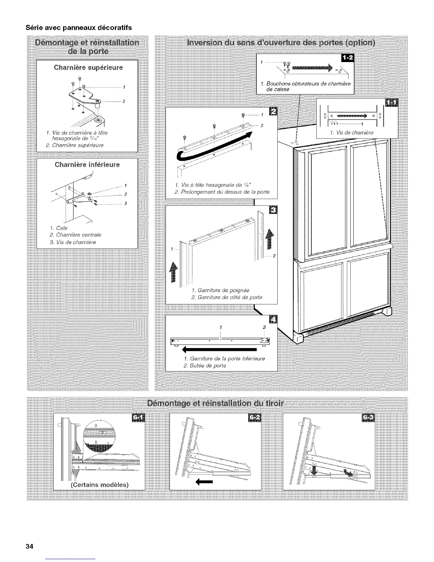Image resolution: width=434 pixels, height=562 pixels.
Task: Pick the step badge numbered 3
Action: coord(274,210)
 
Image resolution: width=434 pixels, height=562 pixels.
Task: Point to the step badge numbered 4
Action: coord(274,319)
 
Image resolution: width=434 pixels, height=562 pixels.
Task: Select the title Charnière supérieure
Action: coord(88,67)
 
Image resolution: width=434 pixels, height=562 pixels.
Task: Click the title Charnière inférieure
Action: coord(87,165)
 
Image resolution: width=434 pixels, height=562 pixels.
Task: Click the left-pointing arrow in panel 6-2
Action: coord(204,482)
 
